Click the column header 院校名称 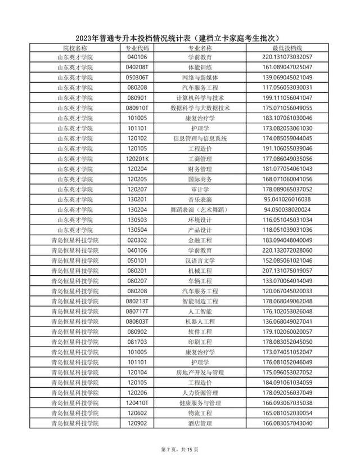click(x=75, y=49)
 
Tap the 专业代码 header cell click(x=137, y=49)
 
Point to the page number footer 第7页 click(x=180, y=449)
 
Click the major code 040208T click(x=137, y=67)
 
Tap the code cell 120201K click(x=137, y=158)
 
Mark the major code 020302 click(x=137, y=240)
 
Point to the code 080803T click(x=137, y=321)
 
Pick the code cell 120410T click(x=137, y=402)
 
